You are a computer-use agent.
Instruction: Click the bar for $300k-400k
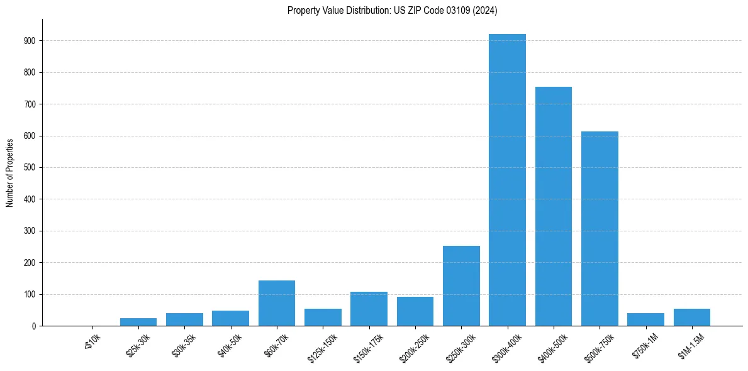click(x=507, y=180)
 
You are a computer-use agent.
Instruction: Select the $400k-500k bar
click(x=554, y=206)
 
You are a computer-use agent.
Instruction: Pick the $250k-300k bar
click(x=461, y=285)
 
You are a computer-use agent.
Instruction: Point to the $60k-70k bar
click(x=277, y=303)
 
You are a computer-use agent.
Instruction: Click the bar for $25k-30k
click(x=138, y=322)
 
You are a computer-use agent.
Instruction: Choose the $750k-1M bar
click(x=645, y=319)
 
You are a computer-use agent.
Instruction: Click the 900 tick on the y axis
click(x=29, y=41)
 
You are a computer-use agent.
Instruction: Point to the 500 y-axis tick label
click(x=29, y=168)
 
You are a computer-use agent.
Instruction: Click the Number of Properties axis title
click(x=10, y=173)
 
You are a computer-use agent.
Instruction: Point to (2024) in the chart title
click(x=487, y=11)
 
